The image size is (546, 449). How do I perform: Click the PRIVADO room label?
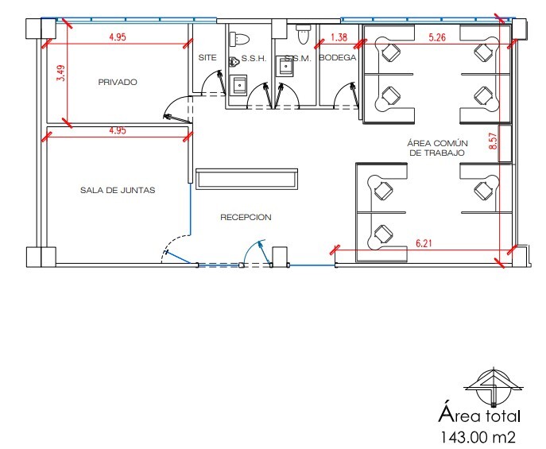[118, 82]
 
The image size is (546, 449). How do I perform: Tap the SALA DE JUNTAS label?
[118, 190]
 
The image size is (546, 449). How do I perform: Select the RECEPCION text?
[246, 217]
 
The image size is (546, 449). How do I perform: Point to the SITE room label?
[207, 57]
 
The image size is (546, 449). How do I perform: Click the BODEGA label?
[338, 57]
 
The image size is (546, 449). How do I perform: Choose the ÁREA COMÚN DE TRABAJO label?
[437, 148]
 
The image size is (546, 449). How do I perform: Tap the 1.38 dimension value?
[339, 37]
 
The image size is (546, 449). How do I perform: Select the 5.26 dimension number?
[437, 37]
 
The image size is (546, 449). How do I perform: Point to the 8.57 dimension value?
[493, 141]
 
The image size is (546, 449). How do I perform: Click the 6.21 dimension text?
[424, 243]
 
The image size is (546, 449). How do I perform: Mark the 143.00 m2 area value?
[478, 437]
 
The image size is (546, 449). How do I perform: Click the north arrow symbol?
[494, 387]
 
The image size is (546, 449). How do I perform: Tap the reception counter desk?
[247, 179]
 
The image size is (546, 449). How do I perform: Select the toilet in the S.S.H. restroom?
[239, 38]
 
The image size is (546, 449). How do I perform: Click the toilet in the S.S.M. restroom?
[304, 34]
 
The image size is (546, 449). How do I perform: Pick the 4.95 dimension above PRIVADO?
[118, 37]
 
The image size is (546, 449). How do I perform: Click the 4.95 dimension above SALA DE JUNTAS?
[118, 130]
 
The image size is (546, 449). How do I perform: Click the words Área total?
[479, 416]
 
